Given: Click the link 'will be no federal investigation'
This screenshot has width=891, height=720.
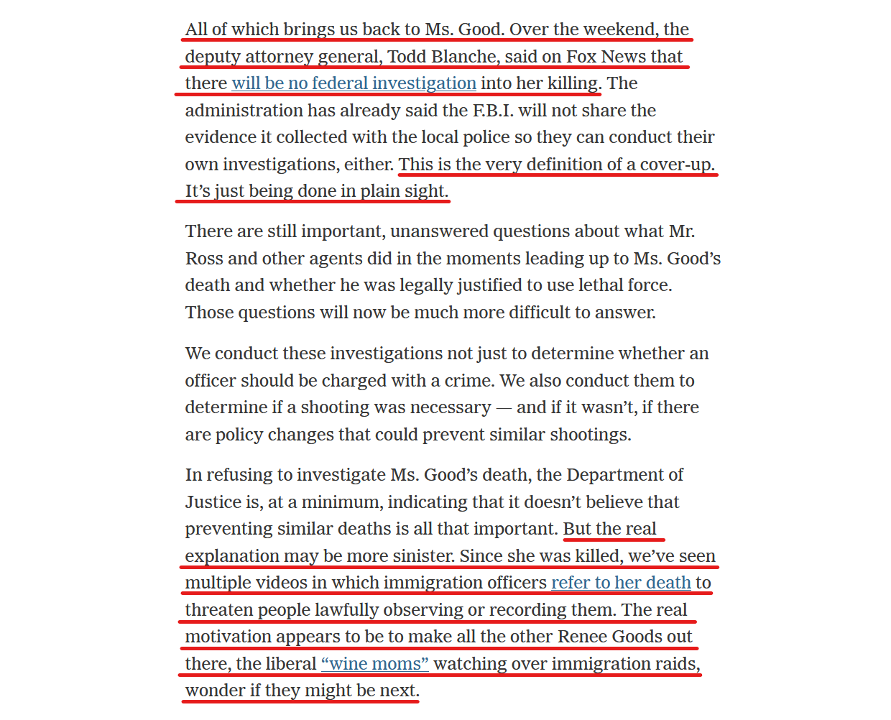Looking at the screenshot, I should [x=354, y=83].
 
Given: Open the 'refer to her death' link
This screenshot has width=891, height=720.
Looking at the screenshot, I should [x=621, y=583].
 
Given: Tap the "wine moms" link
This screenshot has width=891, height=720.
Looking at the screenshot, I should [x=374, y=664].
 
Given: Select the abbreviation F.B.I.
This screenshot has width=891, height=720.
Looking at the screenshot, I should [x=493, y=111].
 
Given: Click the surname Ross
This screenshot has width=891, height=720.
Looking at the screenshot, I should [x=204, y=259].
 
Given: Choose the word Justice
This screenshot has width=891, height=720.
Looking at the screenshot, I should [x=215, y=502].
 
